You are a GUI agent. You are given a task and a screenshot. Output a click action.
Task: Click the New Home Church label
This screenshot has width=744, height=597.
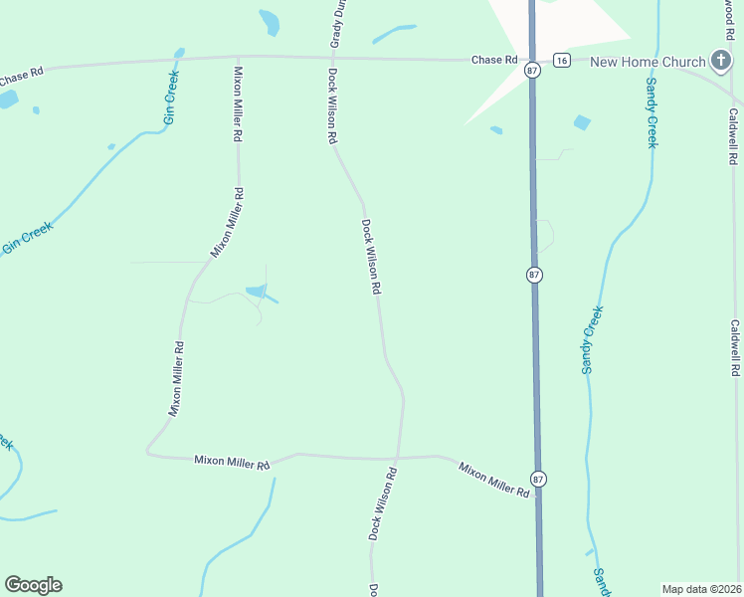(648, 62)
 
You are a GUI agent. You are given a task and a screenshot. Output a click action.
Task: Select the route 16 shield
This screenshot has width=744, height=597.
(562, 61)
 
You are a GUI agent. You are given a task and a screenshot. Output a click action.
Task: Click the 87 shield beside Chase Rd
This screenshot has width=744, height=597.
(533, 70)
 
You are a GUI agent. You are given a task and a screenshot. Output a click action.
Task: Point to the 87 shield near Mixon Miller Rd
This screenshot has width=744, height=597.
(538, 480)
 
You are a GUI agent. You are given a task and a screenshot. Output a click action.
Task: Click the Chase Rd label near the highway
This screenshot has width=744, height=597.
(494, 60)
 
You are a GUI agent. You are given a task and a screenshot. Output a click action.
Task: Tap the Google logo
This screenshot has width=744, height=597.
(33, 585)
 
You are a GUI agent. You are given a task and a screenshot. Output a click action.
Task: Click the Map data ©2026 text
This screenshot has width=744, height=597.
(701, 589)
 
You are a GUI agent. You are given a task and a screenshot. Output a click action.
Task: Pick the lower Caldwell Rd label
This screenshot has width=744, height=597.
(735, 347)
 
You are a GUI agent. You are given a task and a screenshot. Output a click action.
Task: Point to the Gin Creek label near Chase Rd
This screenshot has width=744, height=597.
(171, 98)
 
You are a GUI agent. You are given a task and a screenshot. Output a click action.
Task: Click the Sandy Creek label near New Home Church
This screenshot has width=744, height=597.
(651, 112)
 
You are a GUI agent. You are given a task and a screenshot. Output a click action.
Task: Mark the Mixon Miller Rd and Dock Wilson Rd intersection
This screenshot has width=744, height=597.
(398, 459)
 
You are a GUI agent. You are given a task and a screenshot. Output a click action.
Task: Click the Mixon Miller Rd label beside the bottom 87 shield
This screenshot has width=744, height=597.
(493, 480)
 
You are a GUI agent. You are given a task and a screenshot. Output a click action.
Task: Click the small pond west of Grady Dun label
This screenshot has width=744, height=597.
(269, 22)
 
